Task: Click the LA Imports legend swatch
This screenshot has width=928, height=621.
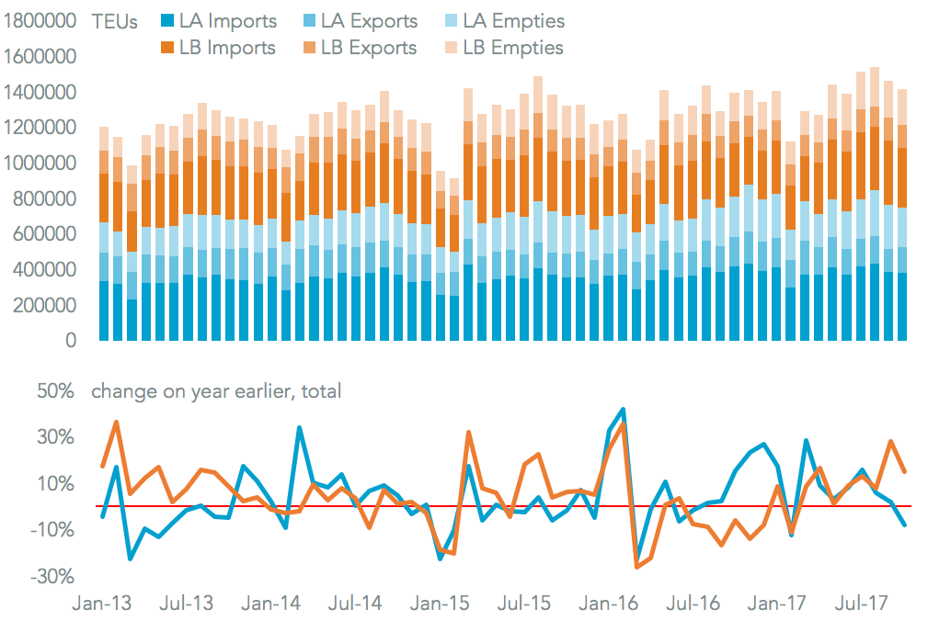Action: [x=167, y=21]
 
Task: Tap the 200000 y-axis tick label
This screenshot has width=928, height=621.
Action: [x=46, y=306]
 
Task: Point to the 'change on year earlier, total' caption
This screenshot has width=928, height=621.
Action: [x=216, y=391]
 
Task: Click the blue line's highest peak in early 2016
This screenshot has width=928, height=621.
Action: [x=624, y=409]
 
